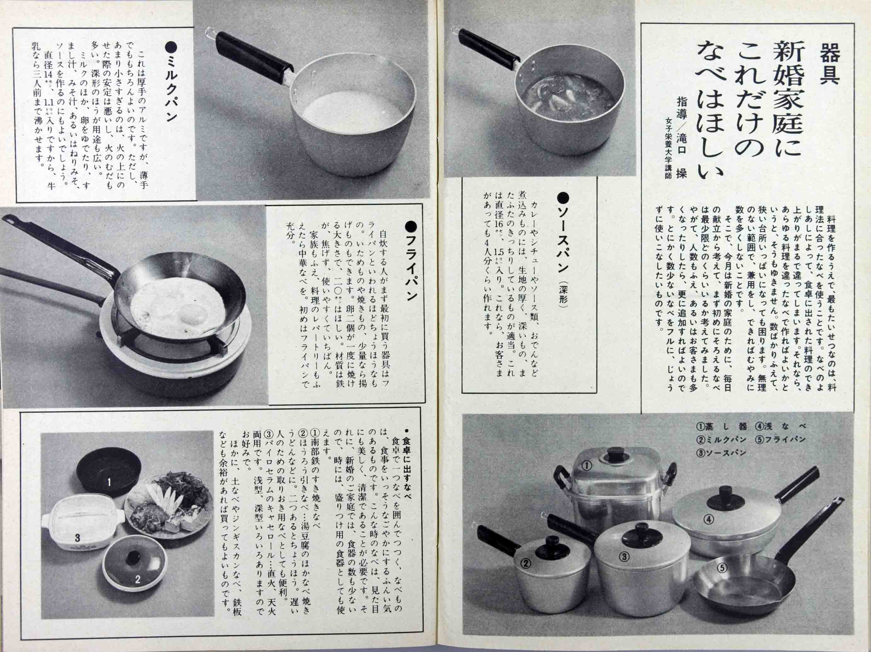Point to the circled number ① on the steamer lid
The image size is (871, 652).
click(x=587, y=466)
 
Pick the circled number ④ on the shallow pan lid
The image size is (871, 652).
click(x=709, y=519)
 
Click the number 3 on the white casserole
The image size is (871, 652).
click(x=77, y=537)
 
